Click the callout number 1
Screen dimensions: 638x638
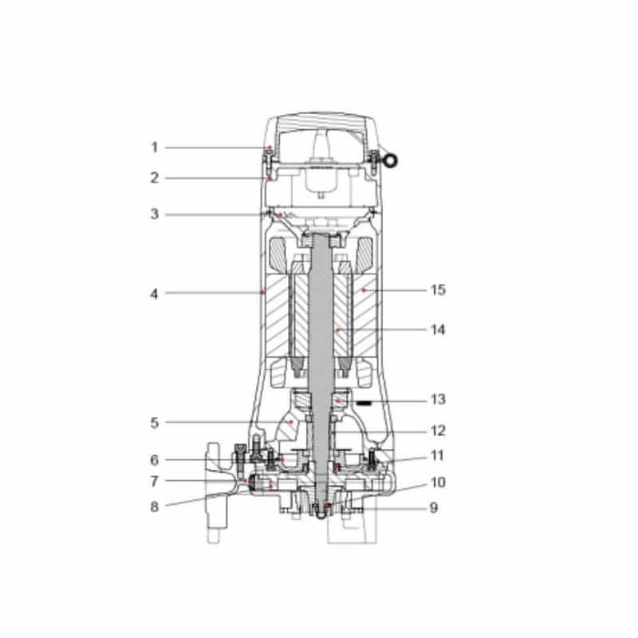click(x=154, y=148)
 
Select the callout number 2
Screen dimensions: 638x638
click(x=154, y=178)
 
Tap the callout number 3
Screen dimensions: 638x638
click(x=154, y=214)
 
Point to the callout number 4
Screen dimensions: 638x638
click(x=154, y=293)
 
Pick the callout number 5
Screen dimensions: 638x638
click(x=154, y=423)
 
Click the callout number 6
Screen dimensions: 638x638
click(x=154, y=460)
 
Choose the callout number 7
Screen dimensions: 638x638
click(x=154, y=482)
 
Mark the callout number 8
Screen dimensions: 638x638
click(x=154, y=506)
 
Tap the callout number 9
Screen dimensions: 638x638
click(x=434, y=507)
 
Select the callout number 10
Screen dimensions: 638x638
click(x=438, y=482)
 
